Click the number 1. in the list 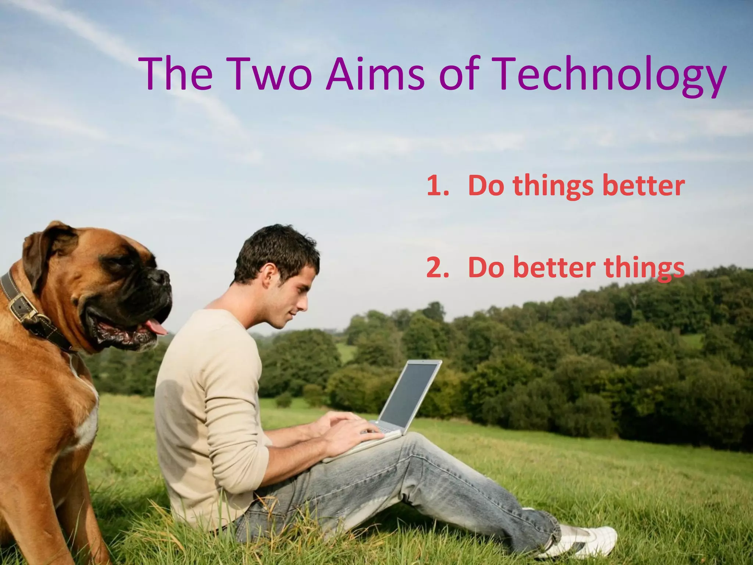(x=438, y=186)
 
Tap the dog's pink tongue (x=156, y=326)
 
